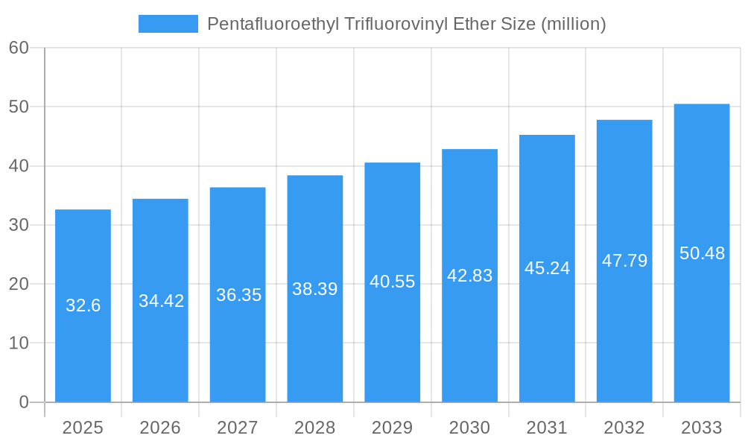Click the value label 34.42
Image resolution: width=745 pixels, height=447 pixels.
(x=161, y=301)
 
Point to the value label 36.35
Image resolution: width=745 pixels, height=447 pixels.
(x=238, y=295)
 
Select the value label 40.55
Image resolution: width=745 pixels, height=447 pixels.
(x=392, y=282)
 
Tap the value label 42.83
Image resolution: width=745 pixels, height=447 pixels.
(x=469, y=276)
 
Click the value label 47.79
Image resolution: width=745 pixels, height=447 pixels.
(x=624, y=261)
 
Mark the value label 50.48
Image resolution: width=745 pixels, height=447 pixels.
(x=702, y=253)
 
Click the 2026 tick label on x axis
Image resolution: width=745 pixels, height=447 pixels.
(x=160, y=428)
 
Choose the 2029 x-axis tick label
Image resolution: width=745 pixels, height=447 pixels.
(x=392, y=428)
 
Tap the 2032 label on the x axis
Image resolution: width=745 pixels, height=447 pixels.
(x=624, y=428)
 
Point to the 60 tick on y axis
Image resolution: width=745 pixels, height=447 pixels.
(x=19, y=48)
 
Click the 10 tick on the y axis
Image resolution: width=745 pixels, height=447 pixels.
(x=19, y=343)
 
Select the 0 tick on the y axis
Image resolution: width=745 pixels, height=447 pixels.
(x=23, y=402)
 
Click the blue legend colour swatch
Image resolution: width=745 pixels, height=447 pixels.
(x=168, y=24)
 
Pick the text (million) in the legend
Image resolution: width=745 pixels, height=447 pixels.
(x=574, y=24)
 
